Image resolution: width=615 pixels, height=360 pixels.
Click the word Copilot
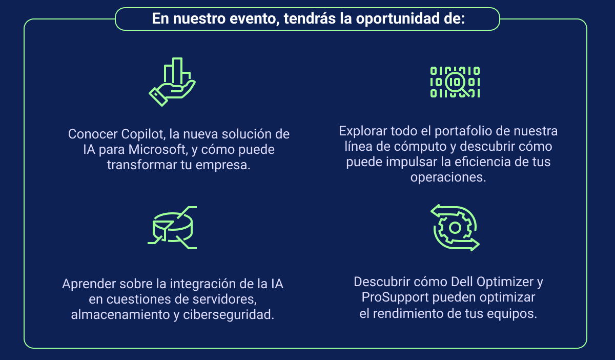(x=143, y=135)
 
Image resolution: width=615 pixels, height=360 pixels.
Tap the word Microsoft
(x=157, y=150)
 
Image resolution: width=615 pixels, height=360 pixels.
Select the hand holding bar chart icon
(x=172, y=82)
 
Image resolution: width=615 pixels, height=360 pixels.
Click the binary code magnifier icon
(x=455, y=82)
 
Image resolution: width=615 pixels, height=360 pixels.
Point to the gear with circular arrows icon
(x=455, y=228)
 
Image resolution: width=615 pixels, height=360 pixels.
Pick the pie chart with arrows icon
(x=172, y=228)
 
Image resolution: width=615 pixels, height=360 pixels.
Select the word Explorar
(x=363, y=131)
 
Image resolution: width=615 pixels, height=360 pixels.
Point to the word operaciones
(x=448, y=177)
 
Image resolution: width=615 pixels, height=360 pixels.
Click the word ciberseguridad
(x=229, y=315)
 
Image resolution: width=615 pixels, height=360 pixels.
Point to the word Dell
(x=462, y=282)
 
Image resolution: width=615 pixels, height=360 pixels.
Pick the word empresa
(x=222, y=166)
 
